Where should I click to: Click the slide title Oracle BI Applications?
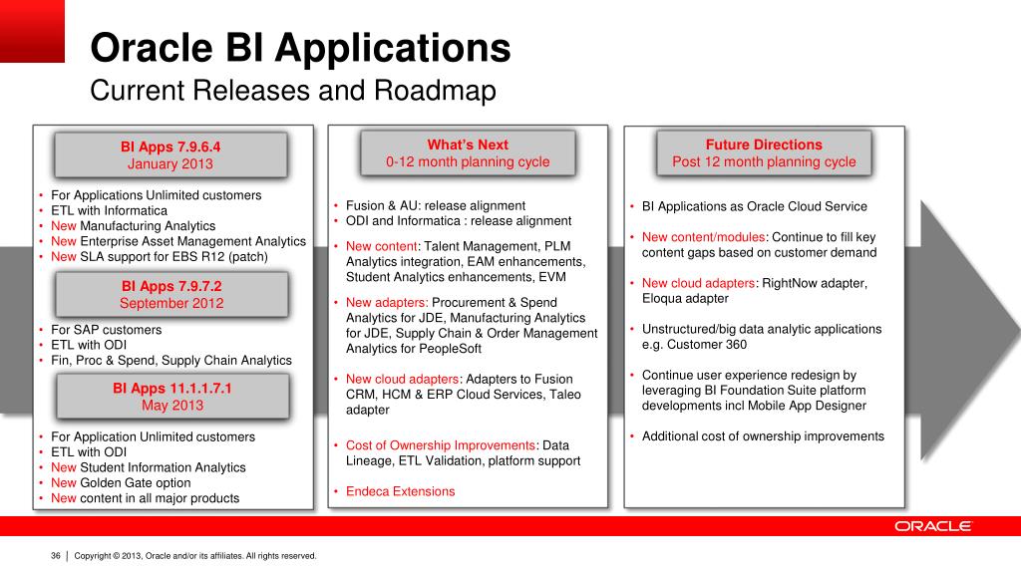pos(300,48)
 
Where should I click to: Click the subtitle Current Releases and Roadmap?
pos(293,92)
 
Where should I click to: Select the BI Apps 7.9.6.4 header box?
pos(170,155)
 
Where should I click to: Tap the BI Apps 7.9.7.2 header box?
pos(170,295)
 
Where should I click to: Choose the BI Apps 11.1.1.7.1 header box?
pos(170,397)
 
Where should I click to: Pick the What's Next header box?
pos(468,153)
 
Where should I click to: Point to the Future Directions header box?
pos(764,153)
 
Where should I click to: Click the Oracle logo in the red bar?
pos(932,526)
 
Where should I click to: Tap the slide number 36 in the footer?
pos(56,556)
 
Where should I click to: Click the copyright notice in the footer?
pos(195,556)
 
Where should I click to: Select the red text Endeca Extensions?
pos(400,491)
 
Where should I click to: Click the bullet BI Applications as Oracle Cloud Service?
pos(754,207)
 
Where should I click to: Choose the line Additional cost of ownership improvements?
pos(763,436)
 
